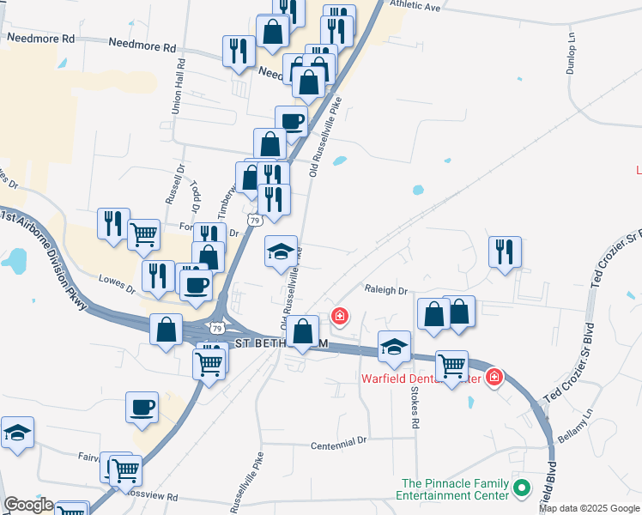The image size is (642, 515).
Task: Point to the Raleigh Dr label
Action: click(x=385, y=290)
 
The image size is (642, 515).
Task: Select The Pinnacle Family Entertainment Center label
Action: click(x=451, y=489)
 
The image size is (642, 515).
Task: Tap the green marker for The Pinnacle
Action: click(x=520, y=488)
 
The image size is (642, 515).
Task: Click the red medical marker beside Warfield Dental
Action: click(x=494, y=376)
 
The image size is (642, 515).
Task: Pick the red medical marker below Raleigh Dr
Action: click(x=340, y=317)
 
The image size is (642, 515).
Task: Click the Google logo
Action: click(x=28, y=505)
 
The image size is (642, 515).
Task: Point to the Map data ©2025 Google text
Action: click(x=590, y=508)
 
